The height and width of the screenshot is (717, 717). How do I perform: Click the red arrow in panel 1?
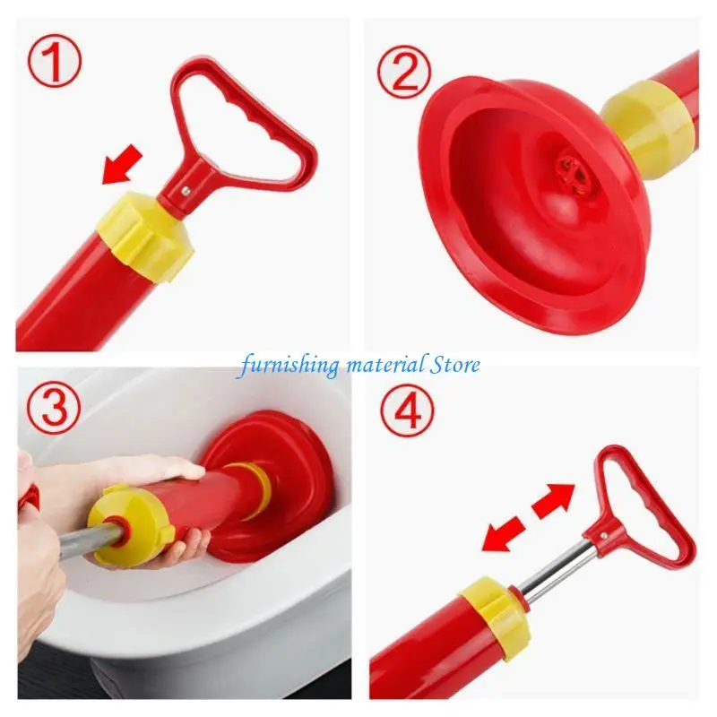coord(123,165)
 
